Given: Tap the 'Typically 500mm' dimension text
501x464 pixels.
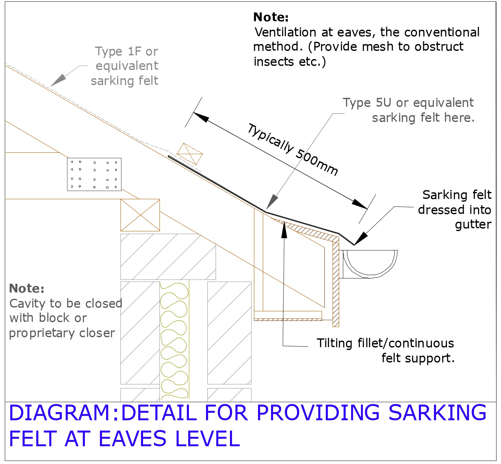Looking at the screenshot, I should [x=293, y=150].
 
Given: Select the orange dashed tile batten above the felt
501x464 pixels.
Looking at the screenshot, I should [x=190, y=154].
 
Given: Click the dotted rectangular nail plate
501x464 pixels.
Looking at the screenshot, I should [x=94, y=174].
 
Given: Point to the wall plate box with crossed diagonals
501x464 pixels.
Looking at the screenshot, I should [x=140, y=215].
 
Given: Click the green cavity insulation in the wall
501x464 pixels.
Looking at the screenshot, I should [x=174, y=340].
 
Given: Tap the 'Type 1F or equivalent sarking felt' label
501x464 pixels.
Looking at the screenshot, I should [x=125, y=66].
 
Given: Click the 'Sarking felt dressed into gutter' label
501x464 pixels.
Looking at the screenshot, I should [x=455, y=209].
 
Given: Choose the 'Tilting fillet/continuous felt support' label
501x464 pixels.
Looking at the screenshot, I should [x=385, y=350].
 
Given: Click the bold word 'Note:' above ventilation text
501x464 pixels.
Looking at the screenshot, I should [x=271, y=17].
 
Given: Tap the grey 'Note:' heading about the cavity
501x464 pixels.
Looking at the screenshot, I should [x=27, y=288].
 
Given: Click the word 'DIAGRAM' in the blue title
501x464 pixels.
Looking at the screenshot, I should [x=59, y=413].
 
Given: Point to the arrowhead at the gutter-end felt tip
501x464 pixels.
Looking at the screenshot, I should [x=361, y=238].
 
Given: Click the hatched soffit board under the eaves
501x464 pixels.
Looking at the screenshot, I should [x=288, y=319].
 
